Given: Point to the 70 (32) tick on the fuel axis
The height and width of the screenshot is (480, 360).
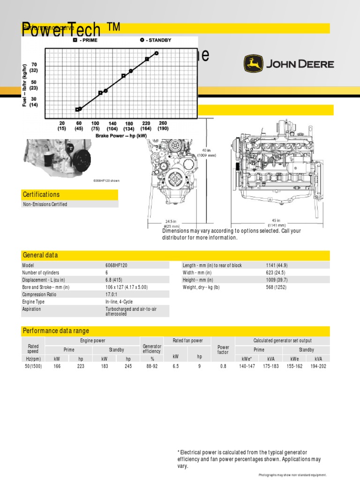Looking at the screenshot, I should (x=34, y=67).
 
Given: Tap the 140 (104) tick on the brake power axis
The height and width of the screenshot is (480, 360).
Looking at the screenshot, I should (x=112, y=126).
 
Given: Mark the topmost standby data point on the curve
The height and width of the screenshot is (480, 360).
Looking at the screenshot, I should (x=157, y=53).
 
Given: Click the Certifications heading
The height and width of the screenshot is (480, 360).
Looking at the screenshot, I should (x=41, y=195).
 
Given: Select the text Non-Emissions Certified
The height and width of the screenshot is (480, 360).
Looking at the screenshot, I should (x=45, y=204).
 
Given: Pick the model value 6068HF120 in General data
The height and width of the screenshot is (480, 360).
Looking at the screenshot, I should (x=116, y=265).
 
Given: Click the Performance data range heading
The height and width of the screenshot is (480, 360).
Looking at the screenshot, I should (x=56, y=331).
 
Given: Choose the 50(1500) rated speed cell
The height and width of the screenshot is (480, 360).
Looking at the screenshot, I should (x=33, y=366).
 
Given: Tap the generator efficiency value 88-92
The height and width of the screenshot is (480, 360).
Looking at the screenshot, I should (x=151, y=366).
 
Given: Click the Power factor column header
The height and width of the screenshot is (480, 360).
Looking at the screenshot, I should (x=223, y=350).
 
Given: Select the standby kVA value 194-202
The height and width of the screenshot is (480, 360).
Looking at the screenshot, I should (x=318, y=366).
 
